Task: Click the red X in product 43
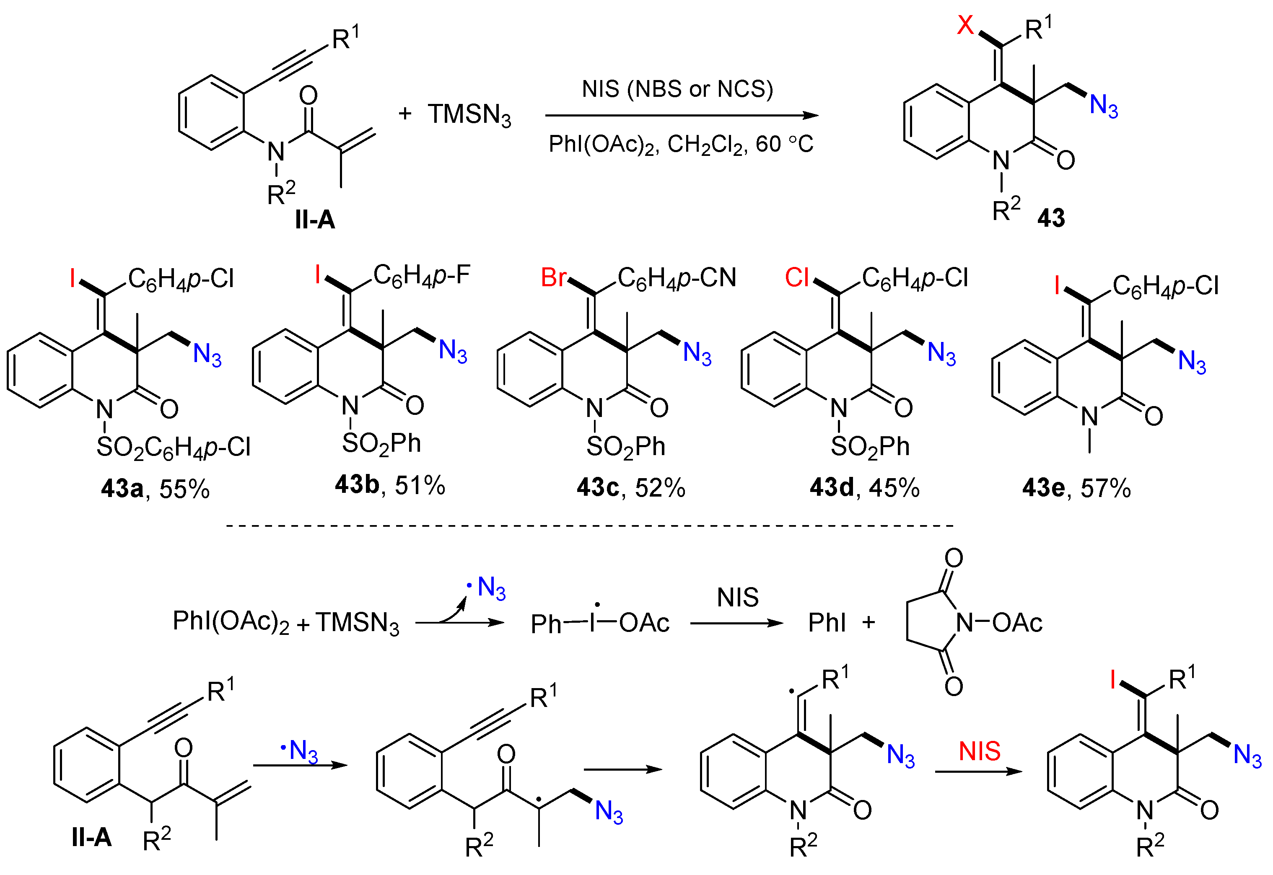tap(965, 25)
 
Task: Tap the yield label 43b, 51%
tap(390, 485)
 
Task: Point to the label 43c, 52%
tap(631, 487)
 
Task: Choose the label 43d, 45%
tap(865, 487)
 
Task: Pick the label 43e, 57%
tap(1076, 488)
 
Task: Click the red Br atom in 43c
tap(553, 277)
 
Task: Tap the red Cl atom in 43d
tap(796, 277)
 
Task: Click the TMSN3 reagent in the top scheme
tap(469, 115)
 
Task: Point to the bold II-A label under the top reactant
tap(315, 220)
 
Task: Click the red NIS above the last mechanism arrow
tap(979, 751)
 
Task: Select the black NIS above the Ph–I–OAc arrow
tap(737, 598)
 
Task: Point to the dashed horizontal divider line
tap(589, 526)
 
